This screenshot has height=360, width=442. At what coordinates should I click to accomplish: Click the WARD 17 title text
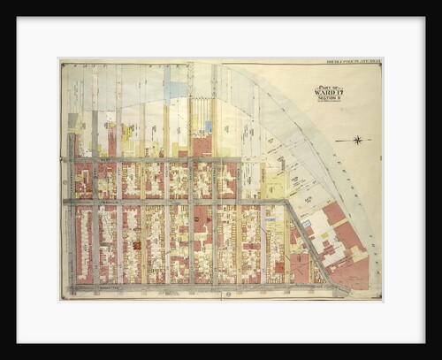point(326,90)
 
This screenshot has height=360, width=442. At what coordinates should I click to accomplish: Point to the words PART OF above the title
point(326,83)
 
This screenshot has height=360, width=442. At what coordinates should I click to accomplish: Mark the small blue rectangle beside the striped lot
point(209,126)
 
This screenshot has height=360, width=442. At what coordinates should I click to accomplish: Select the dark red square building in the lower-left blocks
point(137,244)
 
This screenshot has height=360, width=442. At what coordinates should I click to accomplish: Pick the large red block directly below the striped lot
point(202,146)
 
